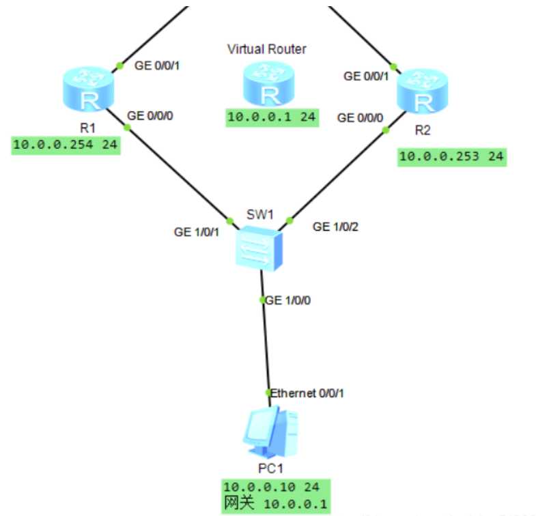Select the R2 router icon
[x=423, y=92]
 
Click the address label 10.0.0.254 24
[x=66, y=145]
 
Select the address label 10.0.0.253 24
[x=451, y=157]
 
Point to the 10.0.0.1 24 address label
[x=272, y=117]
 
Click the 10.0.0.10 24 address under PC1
[x=272, y=487]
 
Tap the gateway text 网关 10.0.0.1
[x=275, y=504]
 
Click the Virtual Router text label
[x=266, y=48]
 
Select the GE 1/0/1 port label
[x=196, y=232]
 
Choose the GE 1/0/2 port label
[x=335, y=227]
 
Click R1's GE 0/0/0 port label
[x=150, y=115]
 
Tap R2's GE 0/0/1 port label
[x=366, y=76]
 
